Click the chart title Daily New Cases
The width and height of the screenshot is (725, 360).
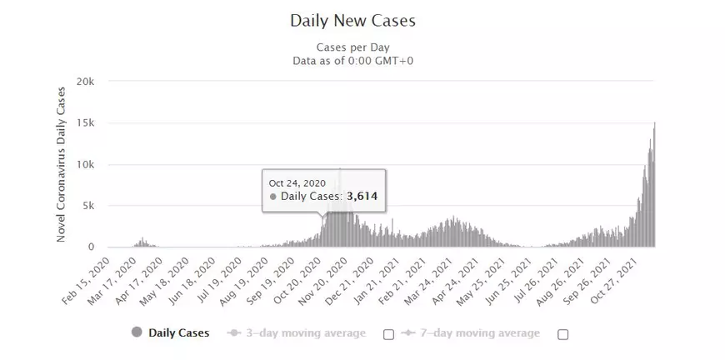click(352, 19)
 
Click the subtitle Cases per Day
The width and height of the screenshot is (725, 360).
click(352, 47)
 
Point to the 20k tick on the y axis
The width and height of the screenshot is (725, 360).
click(86, 82)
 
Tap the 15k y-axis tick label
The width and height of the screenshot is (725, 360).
click(86, 123)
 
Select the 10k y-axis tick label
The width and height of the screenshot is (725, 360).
click(86, 164)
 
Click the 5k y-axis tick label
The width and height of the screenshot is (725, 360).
click(89, 206)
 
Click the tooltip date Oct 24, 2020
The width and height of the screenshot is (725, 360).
click(296, 182)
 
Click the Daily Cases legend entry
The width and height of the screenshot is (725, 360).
click(178, 333)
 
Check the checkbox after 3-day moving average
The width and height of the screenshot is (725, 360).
click(388, 334)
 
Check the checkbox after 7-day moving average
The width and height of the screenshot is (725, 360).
click(562, 334)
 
